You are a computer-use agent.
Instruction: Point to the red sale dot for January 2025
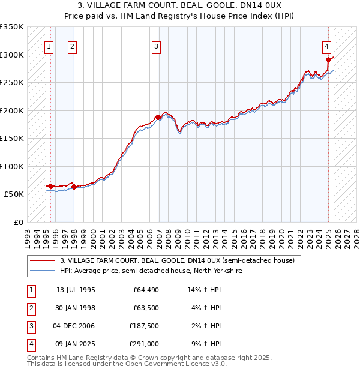coord(329,59)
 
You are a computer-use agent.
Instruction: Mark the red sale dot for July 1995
coord(51,186)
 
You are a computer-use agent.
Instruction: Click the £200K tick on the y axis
coord(13,110)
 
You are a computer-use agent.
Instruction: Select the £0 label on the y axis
coord(19,222)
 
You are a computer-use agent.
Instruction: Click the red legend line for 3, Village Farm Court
coord(43,261)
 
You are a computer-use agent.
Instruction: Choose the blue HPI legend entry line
coord(43,271)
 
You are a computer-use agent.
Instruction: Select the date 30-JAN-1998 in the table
coord(76,308)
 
